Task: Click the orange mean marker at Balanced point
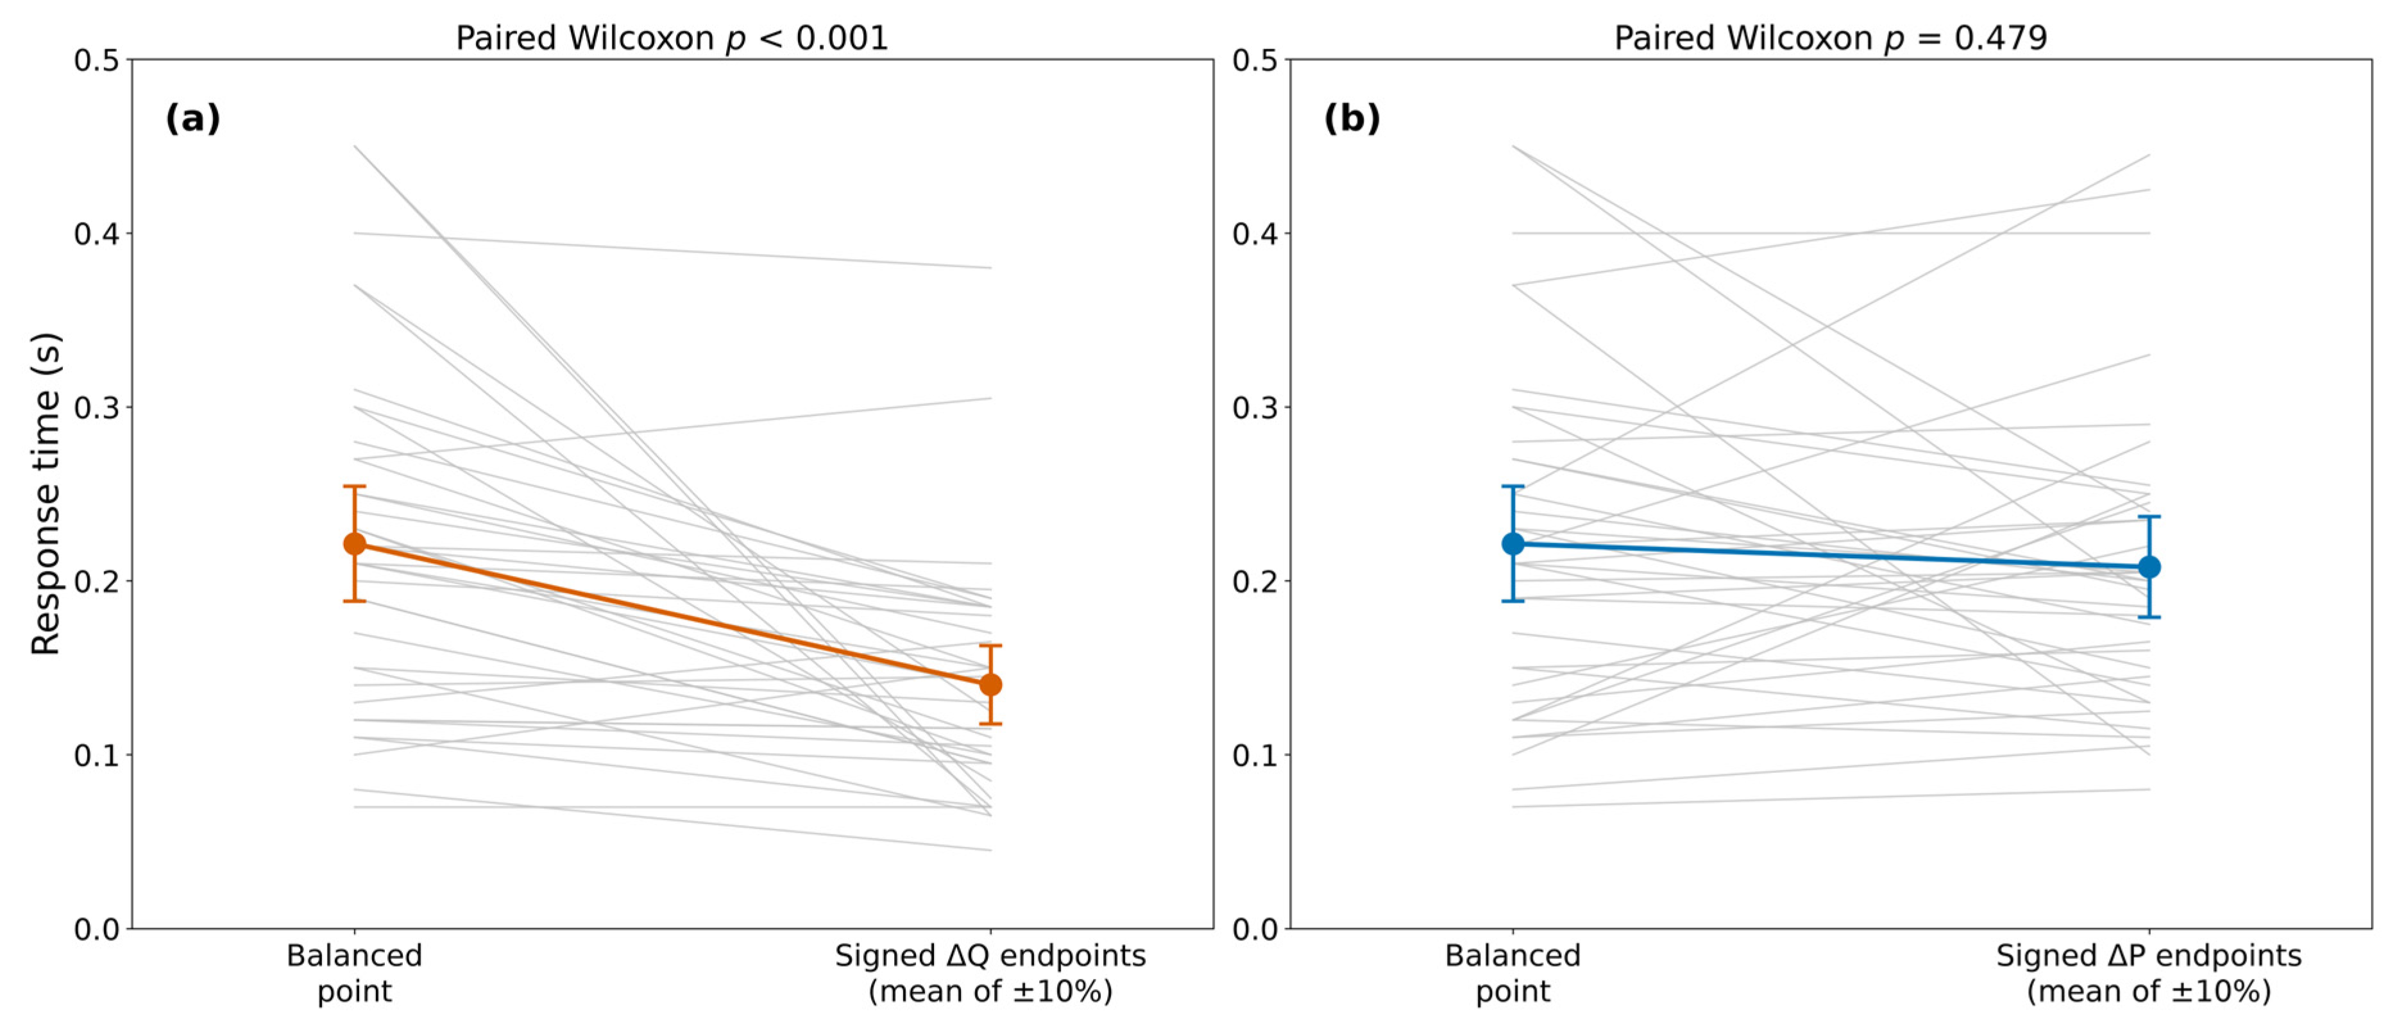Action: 355,544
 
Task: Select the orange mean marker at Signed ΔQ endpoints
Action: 991,684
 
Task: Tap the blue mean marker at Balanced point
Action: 1513,544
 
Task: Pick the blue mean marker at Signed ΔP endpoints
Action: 2149,567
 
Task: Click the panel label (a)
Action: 193,119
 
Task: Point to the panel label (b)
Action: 1352,119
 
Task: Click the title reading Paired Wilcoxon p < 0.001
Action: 672,38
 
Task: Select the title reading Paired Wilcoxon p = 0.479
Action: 1831,38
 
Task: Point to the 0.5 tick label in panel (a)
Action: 97,60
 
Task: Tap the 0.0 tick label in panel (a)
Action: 97,929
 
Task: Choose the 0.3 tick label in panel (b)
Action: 1255,407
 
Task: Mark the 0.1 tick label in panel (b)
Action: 1255,755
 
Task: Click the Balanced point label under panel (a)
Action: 355,973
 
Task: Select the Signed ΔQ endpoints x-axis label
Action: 991,956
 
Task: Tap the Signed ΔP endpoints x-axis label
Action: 2149,956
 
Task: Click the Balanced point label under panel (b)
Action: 1513,973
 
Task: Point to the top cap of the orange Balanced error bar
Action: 355,486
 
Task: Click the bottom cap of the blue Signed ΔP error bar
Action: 2149,617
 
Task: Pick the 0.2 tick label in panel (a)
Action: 97,582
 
